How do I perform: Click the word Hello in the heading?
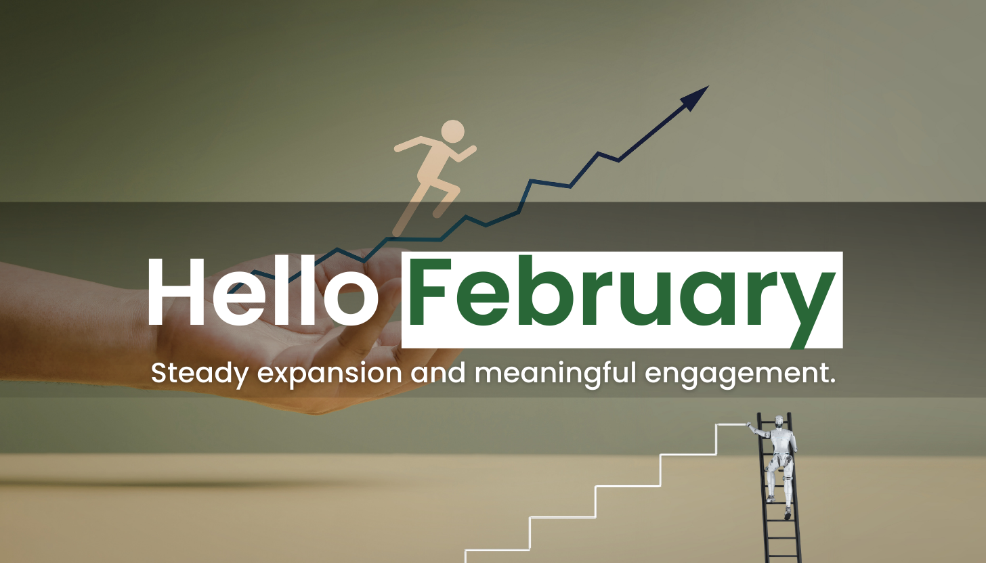click(263, 291)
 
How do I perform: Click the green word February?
click(622, 299)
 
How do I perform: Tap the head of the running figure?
click(453, 131)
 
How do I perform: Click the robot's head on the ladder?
click(779, 421)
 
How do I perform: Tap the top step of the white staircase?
click(731, 424)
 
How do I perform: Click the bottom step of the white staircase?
click(497, 549)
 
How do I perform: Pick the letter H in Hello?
click(177, 292)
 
